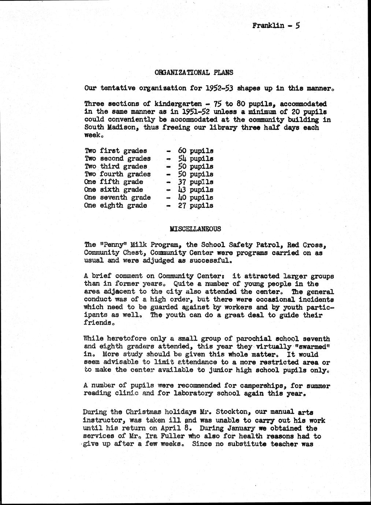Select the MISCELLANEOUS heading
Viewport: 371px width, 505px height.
pyautogui.click(x=196, y=229)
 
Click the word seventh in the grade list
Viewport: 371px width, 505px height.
pyautogui.click(x=111, y=197)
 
